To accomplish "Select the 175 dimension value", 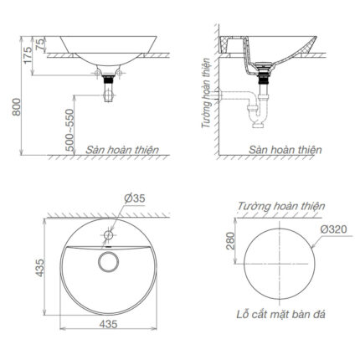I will point(28,55).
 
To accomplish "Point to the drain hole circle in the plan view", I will point(108,262).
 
